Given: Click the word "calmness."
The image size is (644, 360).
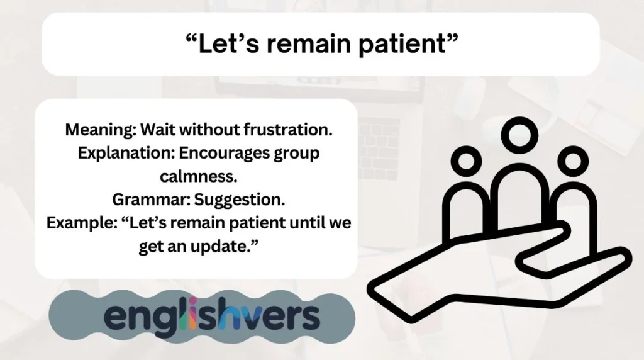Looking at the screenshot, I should pos(196,177).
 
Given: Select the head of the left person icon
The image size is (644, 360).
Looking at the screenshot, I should pos(467,162).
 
